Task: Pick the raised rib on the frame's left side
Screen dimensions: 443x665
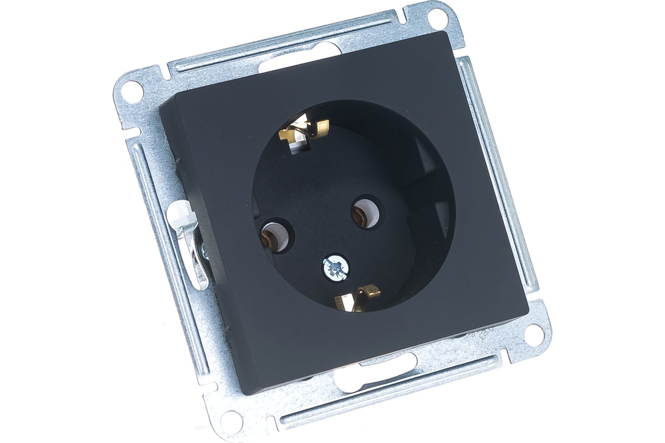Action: [166, 266]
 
